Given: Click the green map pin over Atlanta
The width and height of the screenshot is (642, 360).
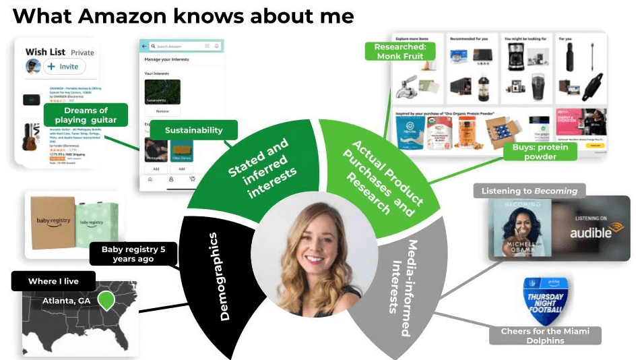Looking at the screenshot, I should pyautogui.click(x=106, y=300).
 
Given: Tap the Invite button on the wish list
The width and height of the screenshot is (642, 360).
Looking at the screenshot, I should pyautogui.click(x=65, y=67).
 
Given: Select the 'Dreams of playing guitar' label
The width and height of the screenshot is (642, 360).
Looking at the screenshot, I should pyautogui.click(x=86, y=115).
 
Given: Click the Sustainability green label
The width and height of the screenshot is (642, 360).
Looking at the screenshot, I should pyautogui.click(x=193, y=130).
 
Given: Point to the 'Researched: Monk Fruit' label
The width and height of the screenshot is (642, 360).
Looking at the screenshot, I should pyautogui.click(x=400, y=52).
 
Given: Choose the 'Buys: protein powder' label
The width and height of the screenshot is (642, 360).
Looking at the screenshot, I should pyautogui.click(x=540, y=152).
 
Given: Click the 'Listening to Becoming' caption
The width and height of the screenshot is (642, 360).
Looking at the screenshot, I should pyautogui.click(x=529, y=191).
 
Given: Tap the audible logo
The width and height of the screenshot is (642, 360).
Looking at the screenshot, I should pyautogui.click(x=591, y=233).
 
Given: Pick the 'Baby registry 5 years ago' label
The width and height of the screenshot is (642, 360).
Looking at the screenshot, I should pyautogui.click(x=133, y=253).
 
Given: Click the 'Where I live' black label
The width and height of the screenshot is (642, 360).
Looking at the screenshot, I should pyautogui.click(x=53, y=281).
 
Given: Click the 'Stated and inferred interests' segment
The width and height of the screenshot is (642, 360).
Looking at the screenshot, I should pyautogui.click(x=259, y=168).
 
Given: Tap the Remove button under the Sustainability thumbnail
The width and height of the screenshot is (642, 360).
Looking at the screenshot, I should pyautogui.click(x=162, y=111).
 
